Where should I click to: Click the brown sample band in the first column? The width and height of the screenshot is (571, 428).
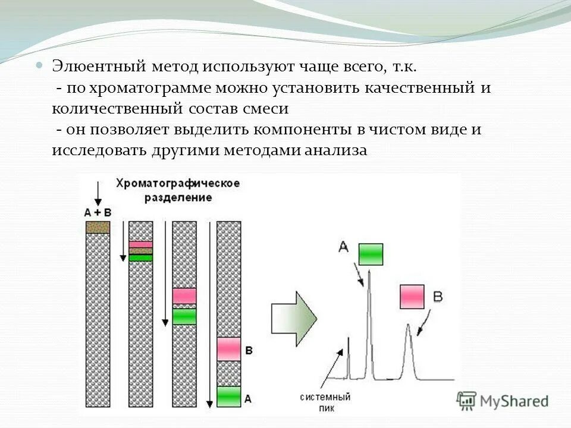click(x=98, y=227)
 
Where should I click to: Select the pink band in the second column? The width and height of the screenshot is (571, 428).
click(x=141, y=244)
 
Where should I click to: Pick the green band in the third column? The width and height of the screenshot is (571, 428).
click(x=184, y=316)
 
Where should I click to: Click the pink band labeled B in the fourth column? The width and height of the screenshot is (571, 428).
click(x=228, y=349)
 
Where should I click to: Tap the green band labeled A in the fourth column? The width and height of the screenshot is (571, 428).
click(x=228, y=396)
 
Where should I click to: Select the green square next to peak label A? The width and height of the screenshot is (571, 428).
click(x=371, y=254)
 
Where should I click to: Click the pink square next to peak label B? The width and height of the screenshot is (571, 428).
click(x=412, y=297)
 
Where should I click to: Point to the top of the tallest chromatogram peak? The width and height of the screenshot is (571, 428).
click(x=369, y=271)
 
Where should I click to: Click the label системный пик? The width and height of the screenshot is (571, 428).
click(x=325, y=401)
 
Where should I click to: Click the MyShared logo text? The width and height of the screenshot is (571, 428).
click(x=514, y=401)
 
